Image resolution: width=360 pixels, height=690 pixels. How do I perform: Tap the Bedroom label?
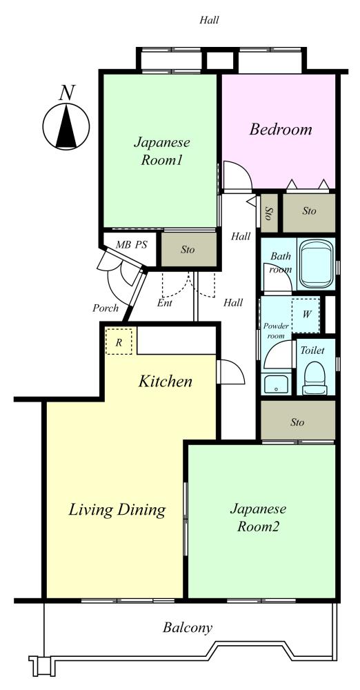281,130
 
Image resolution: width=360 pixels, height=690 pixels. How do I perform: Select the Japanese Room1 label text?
161,151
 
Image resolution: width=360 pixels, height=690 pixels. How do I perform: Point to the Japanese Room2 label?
259,517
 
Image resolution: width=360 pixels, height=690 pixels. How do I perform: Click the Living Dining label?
117,510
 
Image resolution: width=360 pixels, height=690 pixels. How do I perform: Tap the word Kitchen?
166,381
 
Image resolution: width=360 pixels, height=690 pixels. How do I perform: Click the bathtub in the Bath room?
317,264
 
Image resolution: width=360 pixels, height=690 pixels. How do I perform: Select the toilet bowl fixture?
314,378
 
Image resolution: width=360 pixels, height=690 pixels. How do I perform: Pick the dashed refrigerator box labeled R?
119,342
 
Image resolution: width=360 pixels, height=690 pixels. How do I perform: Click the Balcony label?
188,627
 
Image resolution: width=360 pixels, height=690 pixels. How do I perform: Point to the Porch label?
106,308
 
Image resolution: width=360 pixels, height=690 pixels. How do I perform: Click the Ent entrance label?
164,303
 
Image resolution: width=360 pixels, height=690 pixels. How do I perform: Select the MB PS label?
131,246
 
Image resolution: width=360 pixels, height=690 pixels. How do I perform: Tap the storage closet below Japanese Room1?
189,250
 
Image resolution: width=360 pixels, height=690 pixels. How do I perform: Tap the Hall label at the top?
209,20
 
